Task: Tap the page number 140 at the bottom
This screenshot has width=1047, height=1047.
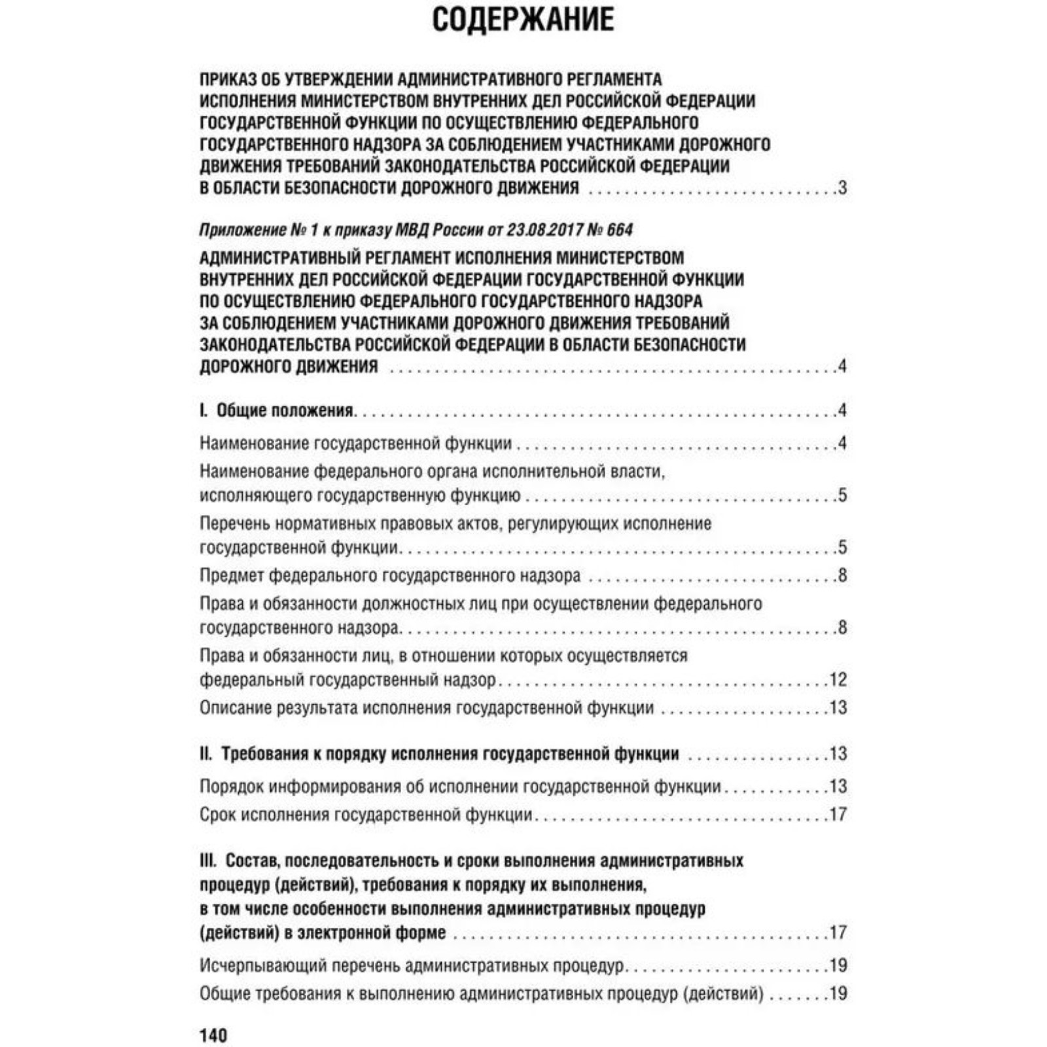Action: pos(213,1035)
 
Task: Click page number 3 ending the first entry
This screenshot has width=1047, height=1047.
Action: pos(842,188)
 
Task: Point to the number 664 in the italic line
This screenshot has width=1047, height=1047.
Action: pos(620,230)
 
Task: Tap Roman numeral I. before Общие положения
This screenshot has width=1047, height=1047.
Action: pos(204,410)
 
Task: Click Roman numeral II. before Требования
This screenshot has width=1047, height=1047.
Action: pos(206,754)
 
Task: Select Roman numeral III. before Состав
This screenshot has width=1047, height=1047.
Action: pos(209,861)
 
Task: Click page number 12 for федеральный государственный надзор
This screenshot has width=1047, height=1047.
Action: pos(838,679)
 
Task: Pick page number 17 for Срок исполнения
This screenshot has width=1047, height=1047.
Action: pos(838,815)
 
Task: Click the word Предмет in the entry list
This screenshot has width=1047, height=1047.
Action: pos(232,576)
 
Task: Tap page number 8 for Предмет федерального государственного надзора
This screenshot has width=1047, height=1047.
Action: pos(842,576)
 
